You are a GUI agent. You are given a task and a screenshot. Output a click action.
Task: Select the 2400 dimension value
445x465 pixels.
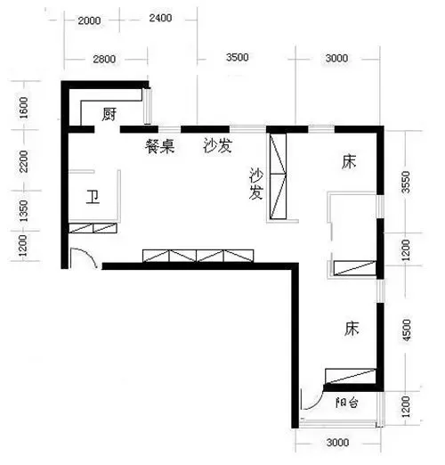(x=160, y=18)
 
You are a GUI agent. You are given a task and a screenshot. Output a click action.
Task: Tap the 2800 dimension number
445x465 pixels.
(x=103, y=59)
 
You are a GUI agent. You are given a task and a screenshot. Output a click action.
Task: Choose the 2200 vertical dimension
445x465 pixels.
(x=24, y=162)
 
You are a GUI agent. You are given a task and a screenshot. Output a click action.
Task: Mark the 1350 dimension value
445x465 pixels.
(x=24, y=213)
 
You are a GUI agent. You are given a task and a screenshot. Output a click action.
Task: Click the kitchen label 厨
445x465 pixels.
(x=110, y=114)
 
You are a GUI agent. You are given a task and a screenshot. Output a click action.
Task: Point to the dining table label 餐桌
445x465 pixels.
(x=160, y=147)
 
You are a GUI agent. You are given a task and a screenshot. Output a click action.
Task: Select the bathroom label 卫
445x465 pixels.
(x=93, y=197)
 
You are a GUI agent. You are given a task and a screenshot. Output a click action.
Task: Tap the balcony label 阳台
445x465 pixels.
(x=348, y=403)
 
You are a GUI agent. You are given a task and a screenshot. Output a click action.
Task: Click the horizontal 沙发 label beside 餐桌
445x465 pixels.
(x=217, y=146)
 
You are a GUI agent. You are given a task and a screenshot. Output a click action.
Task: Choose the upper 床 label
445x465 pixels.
(x=350, y=161)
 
